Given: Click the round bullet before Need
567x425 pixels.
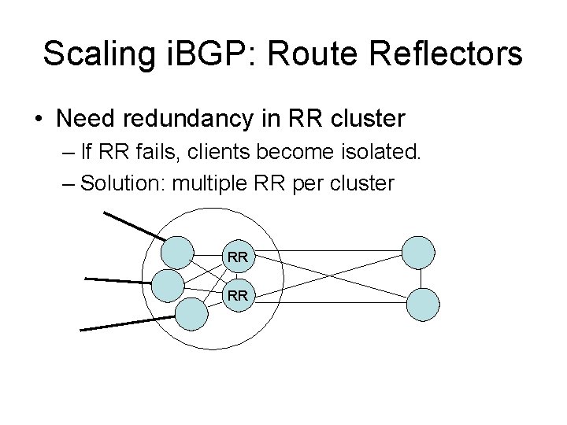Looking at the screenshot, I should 38,120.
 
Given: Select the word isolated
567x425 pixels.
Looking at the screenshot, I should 384,152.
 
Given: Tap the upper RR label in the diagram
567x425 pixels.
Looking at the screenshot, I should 238,256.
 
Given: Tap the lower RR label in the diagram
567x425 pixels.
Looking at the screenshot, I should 238,296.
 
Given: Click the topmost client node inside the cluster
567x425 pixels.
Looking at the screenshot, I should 177,253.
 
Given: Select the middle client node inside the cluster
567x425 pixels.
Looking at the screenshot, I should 167,285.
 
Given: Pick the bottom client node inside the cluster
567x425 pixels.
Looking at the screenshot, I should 191,312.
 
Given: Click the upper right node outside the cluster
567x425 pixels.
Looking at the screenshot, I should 418,253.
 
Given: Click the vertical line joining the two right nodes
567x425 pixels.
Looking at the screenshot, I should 421,279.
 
